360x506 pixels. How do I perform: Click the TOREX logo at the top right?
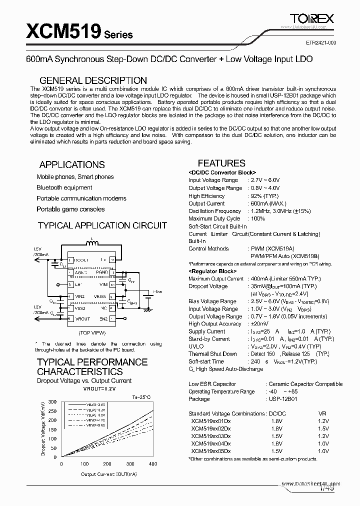(312, 18)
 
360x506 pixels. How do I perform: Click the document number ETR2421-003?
(318, 43)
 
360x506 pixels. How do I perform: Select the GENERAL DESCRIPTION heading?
(93, 80)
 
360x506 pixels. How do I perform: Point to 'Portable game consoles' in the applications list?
(70, 209)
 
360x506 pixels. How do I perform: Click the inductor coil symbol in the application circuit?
(91, 244)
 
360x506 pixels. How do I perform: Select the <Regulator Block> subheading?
(214, 271)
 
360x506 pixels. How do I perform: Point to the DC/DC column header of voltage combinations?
(277, 413)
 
